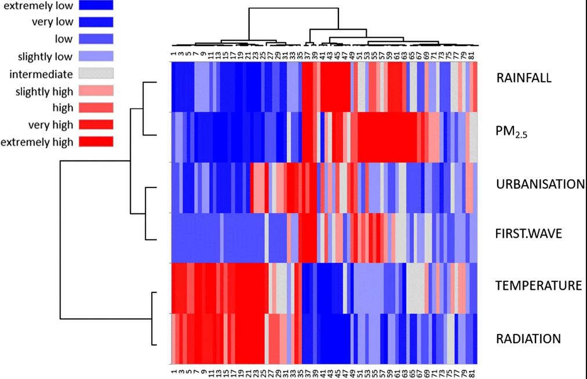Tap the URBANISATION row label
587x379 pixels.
(x=539, y=185)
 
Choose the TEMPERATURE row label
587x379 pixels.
(x=538, y=285)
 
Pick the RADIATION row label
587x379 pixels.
(x=528, y=338)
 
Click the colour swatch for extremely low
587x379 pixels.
(x=96, y=6)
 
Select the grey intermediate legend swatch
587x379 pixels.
(x=96, y=73)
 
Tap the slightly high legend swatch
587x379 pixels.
(x=96, y=91)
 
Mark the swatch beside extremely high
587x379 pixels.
(x=96, y=141)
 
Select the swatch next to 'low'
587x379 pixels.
(x=96, y=40)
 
